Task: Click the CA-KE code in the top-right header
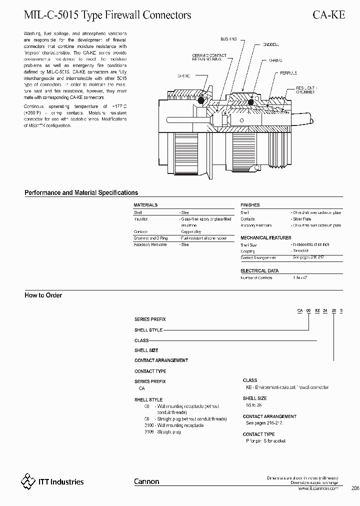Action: [x=328, y=15]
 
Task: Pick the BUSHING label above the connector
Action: [x=228, y=38]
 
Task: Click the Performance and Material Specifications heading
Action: [x=81, y=192]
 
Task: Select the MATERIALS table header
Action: [x=145, y=205]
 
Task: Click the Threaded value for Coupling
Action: [x=300, y=251]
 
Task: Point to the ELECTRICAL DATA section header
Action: [x=259, y=270]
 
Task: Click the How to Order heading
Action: [x=43, y=295]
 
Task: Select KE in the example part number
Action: [x=317, y=311]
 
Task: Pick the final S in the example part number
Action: [x=341, y=311]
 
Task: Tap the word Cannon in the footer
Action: [x=146, y=481]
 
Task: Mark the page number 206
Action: [x=354, y=488]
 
